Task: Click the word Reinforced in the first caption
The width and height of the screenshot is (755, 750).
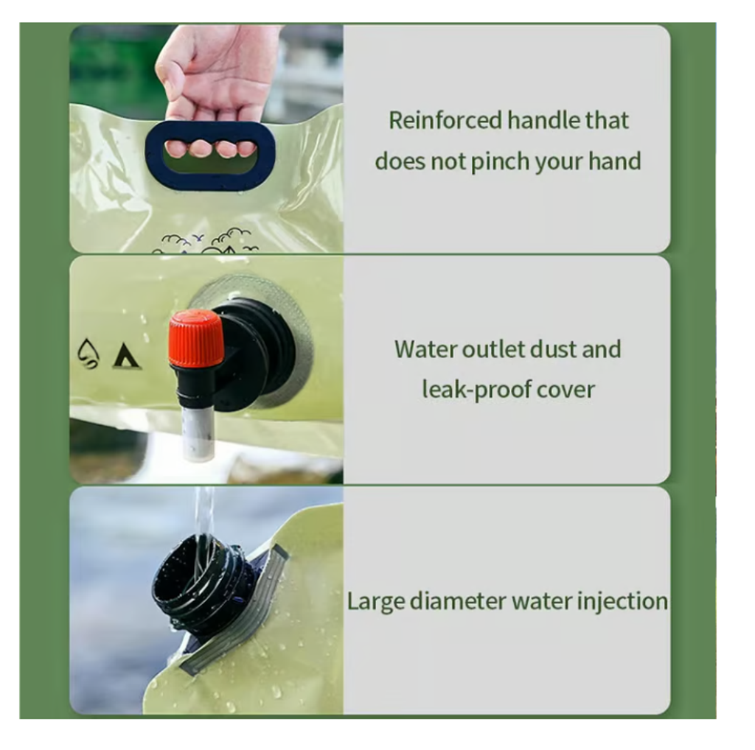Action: (x=446, y=120)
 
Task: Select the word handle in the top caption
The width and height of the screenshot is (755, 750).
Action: (x=543, y=120)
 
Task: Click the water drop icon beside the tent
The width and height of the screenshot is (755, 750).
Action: (x=88, y=354)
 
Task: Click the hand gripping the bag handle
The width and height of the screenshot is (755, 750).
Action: (x=218, y=87)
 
